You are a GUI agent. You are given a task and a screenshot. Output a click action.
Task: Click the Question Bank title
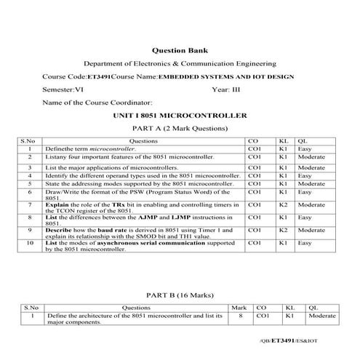pos(180,51)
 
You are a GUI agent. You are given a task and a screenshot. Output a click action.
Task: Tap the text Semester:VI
pos(63,89)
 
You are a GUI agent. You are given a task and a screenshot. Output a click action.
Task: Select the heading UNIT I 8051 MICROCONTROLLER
pos(180,116)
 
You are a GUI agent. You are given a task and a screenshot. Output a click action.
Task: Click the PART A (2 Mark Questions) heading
pos(180,128)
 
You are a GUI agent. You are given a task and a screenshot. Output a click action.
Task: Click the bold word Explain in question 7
pos(58,206)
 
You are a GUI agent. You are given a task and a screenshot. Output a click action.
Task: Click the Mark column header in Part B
pos(236,308)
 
